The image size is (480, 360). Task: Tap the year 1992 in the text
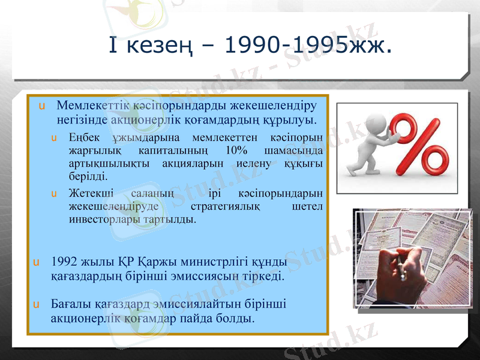click(x=65, y=262)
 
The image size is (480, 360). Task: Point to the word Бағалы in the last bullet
click(x=71, y=304)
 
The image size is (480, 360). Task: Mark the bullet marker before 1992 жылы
click(x=37, y=263)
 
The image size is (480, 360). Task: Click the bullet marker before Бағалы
click(x=37, y=305)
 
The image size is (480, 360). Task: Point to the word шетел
click(x=309, y=206)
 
